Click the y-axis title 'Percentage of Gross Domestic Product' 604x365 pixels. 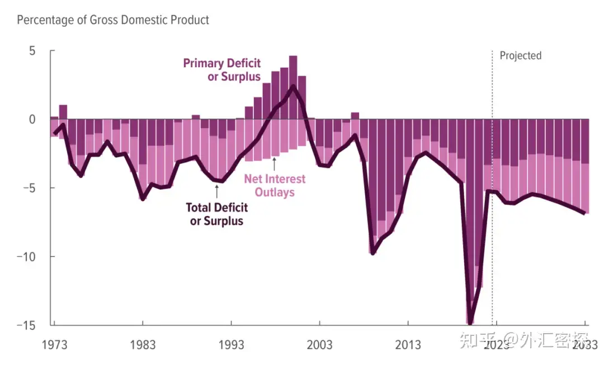pos(113,20)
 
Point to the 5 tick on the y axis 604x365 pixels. pos(32,51)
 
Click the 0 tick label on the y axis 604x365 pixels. pos(32,119)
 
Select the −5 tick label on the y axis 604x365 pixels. pos(29,188)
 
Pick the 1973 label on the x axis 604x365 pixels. pos(54,344)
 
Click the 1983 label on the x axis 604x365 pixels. pos(143,344)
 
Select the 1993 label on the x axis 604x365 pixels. pos(231,344)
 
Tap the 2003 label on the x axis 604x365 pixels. pos(319,344)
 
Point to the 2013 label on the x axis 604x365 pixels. pos(408,344)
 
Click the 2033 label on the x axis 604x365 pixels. pos(584,344)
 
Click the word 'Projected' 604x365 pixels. pos(520,55)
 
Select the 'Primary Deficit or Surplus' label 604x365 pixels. pos(222,70)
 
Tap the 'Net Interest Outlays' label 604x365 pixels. pos(275,185)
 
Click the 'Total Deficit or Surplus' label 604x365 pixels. pos(217,214)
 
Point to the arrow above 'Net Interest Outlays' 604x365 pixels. pos(275,164)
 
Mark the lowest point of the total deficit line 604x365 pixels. pos(470,323)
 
